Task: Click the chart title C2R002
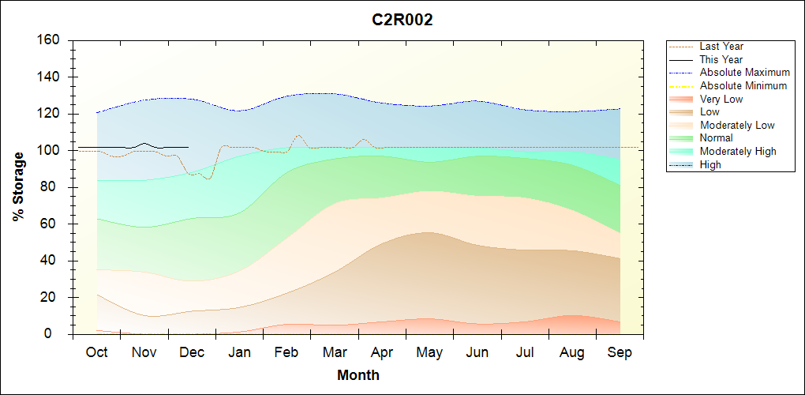402,21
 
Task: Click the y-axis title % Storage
19,186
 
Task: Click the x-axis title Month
358,375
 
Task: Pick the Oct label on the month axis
96,352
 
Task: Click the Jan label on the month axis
239,352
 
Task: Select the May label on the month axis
429,352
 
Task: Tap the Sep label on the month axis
620,352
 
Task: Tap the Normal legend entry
716,138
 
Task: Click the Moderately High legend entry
738,152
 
